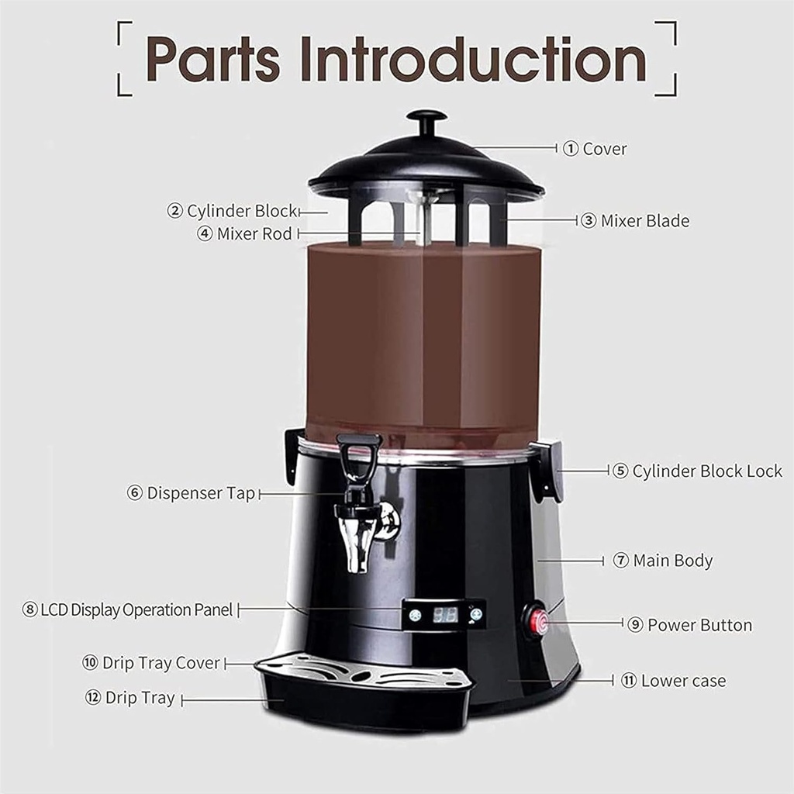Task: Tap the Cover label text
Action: [x=604, y=149]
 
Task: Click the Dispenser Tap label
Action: [x=200, y=493]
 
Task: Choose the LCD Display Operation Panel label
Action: [x=136, y=609]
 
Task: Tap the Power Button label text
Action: [x=699, y=625]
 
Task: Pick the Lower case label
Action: [x=683, y=681]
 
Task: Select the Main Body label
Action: [x=672, y=560]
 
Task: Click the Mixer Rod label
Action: [x=254, y=233]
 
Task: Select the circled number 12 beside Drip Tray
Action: [x=93, y=698]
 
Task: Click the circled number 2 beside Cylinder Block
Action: [x=175, y=211]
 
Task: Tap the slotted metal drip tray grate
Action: [x=364, y=670]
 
